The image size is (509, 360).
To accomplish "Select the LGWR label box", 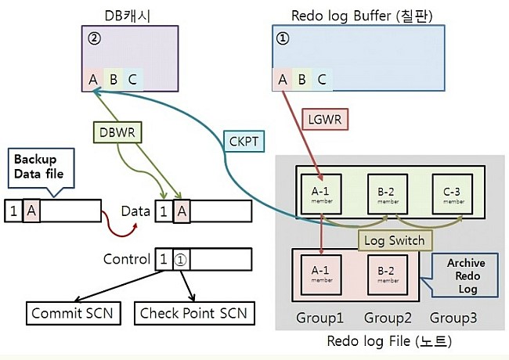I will click(322, 120).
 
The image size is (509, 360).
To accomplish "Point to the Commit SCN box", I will click(72, 314).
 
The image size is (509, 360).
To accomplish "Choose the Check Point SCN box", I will click(193, 314).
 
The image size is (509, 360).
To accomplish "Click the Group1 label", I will click(321, 319).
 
